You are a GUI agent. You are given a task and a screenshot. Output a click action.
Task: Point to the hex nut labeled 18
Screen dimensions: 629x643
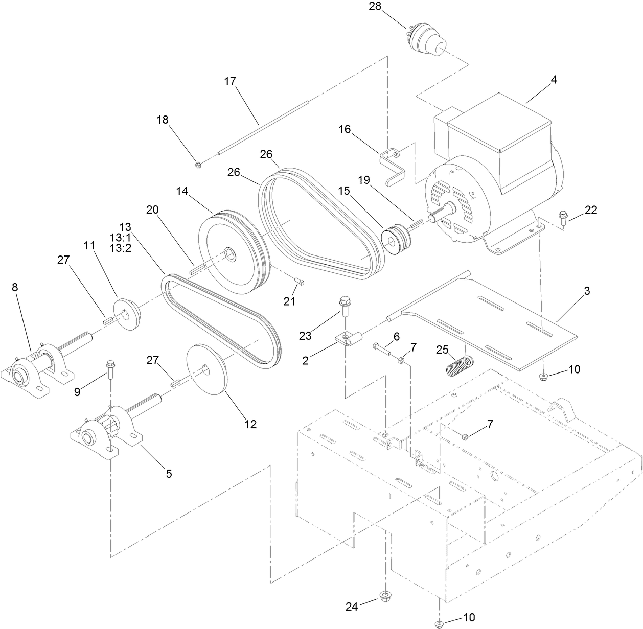(198, 165)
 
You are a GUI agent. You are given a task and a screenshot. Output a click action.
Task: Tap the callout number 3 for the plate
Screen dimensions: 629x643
(587, 291)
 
